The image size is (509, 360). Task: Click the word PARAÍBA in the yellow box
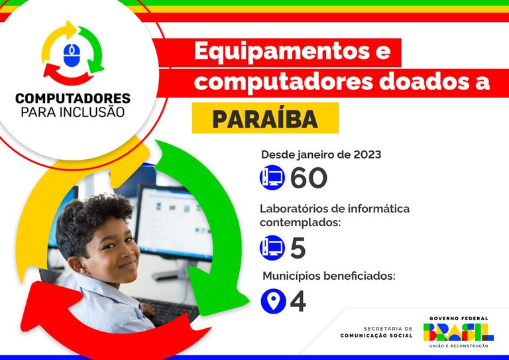pos(265,119)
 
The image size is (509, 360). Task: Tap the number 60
pos(309,178)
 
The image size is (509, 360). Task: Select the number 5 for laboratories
pos(298,249)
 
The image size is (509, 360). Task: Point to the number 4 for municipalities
pos(298,302)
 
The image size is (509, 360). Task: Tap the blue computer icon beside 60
pos(272,178)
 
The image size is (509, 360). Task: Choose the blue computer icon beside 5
pos(272,248)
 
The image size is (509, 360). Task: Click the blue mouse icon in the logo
pos(73,54)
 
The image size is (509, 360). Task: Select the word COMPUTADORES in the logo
pos(73,98)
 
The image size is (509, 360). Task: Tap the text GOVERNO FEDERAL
pos(459,318)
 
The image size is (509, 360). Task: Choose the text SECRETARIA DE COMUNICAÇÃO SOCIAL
pos(376,332)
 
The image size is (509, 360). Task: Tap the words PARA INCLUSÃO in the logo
pos(73,112)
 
